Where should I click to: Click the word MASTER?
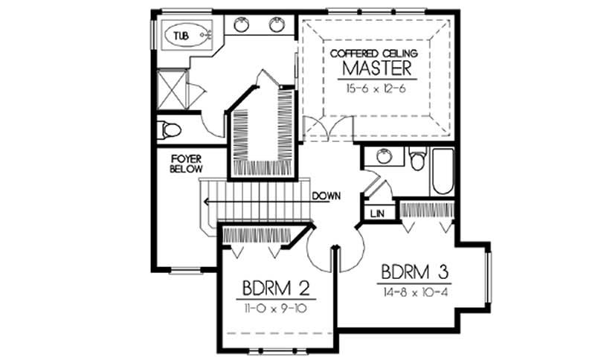pyautogui.click(x=377, y=69)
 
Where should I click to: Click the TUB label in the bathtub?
pyautogui.click(x=181, y=35)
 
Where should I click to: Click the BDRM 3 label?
pyautogui.click(x=415, y=270)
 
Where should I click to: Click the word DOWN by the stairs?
pyautogui.click(x=327, y=196)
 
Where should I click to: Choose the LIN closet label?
pyautogui.click(x=376, y=214)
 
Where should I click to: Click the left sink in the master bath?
pyautogui.click(x=242, y=25)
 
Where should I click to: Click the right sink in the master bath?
pyautogui.click(x=277, y=25)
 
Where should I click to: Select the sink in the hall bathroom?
pyautogui.click(x=384, y=156)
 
